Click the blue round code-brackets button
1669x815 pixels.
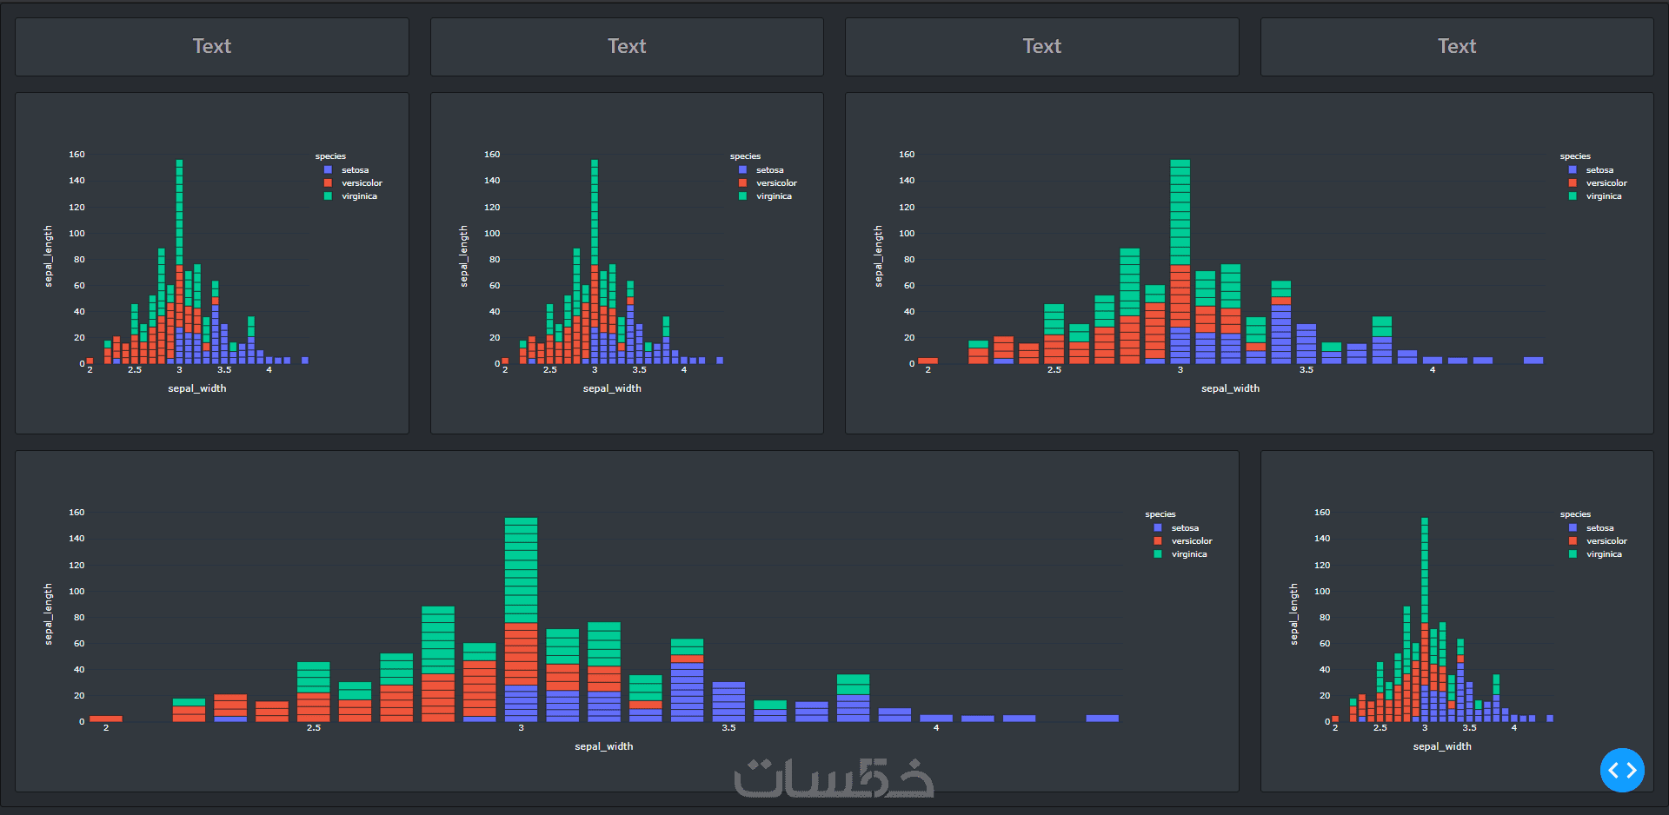point(1622,770)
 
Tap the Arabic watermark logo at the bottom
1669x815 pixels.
point(834,779)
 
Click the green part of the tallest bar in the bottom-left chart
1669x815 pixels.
point(521,569)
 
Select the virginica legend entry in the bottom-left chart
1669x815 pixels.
point(1188,554)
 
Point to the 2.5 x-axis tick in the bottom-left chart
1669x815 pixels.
point(313,728)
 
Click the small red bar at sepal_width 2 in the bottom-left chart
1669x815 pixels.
point(106,719)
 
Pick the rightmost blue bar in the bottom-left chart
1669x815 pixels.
point(1102,718)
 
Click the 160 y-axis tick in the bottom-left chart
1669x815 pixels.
point(77,513)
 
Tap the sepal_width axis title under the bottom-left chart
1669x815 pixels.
point(603,746)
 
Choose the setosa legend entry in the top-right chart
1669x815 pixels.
point(1599,170)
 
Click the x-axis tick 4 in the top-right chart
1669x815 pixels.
point(1433,370)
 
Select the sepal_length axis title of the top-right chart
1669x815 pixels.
point(879,256)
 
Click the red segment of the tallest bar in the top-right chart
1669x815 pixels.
point(1180,295)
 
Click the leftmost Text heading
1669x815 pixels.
point(211,46)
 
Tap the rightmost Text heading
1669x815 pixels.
point(1456,46)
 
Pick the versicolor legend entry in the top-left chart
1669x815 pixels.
point(361,183)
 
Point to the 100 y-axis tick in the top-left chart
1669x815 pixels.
point(77,233)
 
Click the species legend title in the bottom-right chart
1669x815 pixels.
point(1575,514)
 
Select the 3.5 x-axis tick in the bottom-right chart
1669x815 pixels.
point(1469,728)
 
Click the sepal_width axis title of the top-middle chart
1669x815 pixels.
point(612,388)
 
